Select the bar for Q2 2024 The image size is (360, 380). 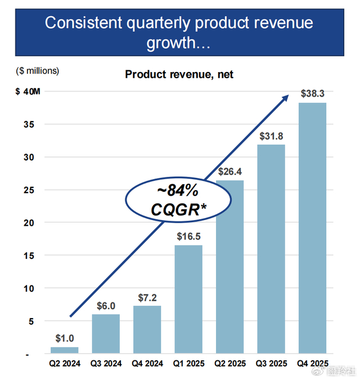pyautogui.click(x=65, y=350)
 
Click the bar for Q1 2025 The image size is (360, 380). pyautogui.click(x=188, y=299)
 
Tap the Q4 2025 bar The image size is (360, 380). pyautogui.click(x=312, y=228)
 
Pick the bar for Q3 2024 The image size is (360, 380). pyautogui.click(x=106, y=334)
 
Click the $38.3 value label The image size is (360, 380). pyautogui.click(x=312, y=93)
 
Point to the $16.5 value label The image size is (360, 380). pyautogui.click(x=188, y=235)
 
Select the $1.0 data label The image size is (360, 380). pyautogui.click(x=65, y=338)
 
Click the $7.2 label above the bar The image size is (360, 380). pyautogui.click(x=147, y=296)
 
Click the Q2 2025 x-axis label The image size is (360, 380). pyautogui.click(x=229, y=364)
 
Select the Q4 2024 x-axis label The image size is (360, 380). pyautogui.click(x=147, y=364)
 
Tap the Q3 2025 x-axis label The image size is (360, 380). pyautogui.click(x=271, y=364)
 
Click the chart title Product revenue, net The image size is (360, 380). pyautogui.click(x=179, y=74)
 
